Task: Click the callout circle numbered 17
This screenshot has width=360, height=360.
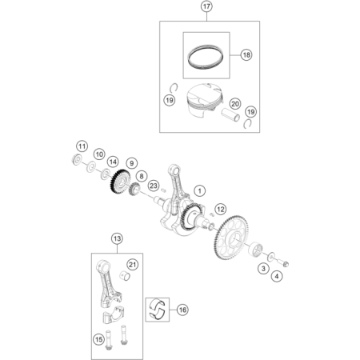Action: tap(206, 6)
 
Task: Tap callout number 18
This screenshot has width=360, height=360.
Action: tap(246, 55)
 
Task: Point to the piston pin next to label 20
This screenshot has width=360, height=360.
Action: tap(230, 114)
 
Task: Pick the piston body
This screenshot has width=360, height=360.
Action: tap(204, 101)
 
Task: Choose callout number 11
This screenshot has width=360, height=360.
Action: tap(82, 146)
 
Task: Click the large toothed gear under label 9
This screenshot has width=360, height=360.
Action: tap(120, 182)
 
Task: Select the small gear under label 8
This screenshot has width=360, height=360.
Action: tap(135, 189)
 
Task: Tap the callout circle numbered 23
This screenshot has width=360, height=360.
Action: tap(154, 186)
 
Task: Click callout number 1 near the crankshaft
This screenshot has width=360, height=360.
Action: tap(199, 191)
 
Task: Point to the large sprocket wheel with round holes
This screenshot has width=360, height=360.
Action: tap(231, 238)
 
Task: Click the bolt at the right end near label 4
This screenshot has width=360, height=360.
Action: tap(284, 263)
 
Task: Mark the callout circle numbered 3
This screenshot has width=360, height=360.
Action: tap(263, 268)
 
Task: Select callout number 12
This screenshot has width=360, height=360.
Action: tap(221, 210)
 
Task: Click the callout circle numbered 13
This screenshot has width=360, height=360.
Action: tap(117, 238)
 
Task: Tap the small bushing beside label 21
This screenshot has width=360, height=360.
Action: tap(125, 275)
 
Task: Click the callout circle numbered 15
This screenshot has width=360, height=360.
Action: tap(98, 339)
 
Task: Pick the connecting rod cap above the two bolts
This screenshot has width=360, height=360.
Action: tap(114, 314)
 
